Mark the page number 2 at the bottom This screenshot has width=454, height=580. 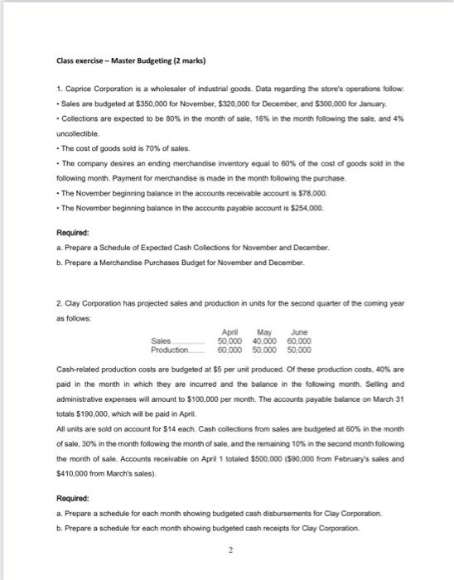pos(226,558)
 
